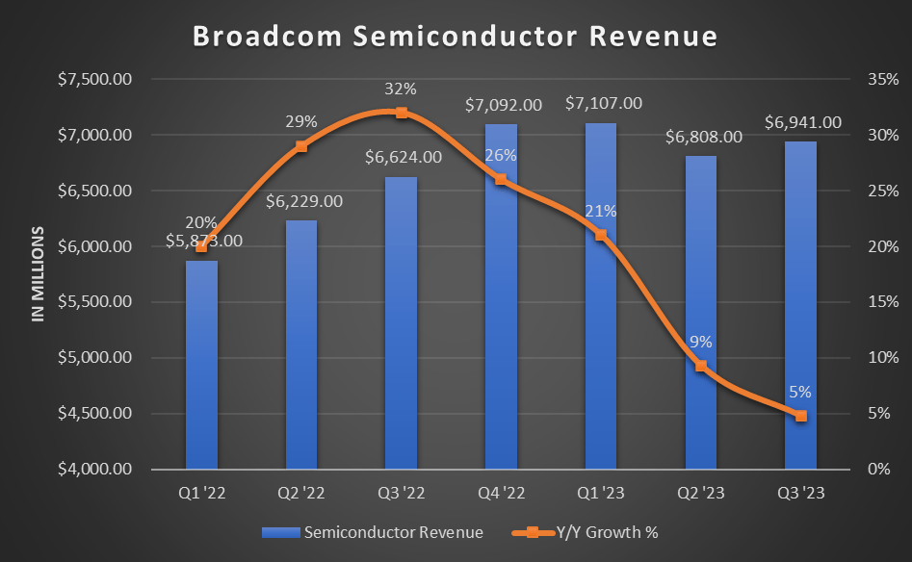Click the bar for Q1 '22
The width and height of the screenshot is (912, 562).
pyautogui.click(x=201, y=366)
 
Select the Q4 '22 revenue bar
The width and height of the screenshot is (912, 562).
pyautogui.click(x=501, y=298)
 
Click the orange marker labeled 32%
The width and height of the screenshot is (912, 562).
pyautogui.click(x=402, y=113)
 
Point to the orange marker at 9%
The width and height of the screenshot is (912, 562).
pyautogui.click(x=701, y=366)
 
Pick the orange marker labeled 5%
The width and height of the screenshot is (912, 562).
pyautogui.click(x=801, y=416)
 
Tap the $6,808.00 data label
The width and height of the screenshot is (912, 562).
pyautogui.click(x=703, y=137)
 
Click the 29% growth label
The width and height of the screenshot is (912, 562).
pyautogui.click(x=301, y=123)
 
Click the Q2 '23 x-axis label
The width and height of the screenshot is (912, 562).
pyautogui.click(x=701, y=492)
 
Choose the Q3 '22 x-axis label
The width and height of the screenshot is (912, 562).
pyautogui.click(x=402, y=492)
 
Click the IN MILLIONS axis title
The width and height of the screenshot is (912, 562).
pyautogui.click(x=39, y=274)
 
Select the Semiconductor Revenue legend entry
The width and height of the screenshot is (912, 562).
pyautogui.click(x=379, y=531)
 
